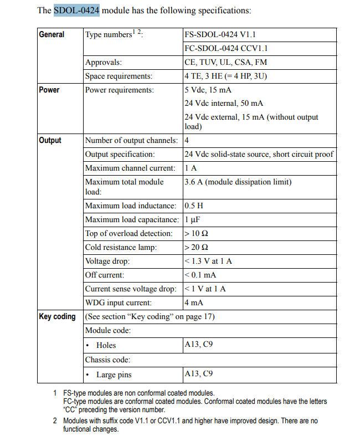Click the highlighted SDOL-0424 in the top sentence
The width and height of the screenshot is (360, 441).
(76, 11)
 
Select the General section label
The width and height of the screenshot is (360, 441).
(52, 34)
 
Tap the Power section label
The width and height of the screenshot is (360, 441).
(49, 90)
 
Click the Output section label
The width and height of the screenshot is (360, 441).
(50, 140)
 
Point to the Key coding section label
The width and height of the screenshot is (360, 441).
(57, 317)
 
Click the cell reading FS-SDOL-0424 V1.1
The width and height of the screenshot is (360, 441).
(219, 34)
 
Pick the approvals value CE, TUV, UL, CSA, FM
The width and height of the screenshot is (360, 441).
(225, 63)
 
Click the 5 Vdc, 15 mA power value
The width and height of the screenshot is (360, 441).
(208, 90)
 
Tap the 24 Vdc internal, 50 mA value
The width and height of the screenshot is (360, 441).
(224, 103)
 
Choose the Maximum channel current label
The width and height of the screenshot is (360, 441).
(130, 168)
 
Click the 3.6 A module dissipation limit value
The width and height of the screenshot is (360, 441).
(238, 182)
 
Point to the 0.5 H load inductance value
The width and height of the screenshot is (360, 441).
(194, 206)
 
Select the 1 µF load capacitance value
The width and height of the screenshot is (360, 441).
(192, 219)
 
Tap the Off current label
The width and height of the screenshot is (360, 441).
(105, 275)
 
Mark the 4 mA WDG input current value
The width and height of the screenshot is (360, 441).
(194, 303)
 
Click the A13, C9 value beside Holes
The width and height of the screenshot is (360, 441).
(198, 345)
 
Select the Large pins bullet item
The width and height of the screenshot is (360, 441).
(114, 375)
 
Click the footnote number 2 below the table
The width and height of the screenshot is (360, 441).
(55, 421)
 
